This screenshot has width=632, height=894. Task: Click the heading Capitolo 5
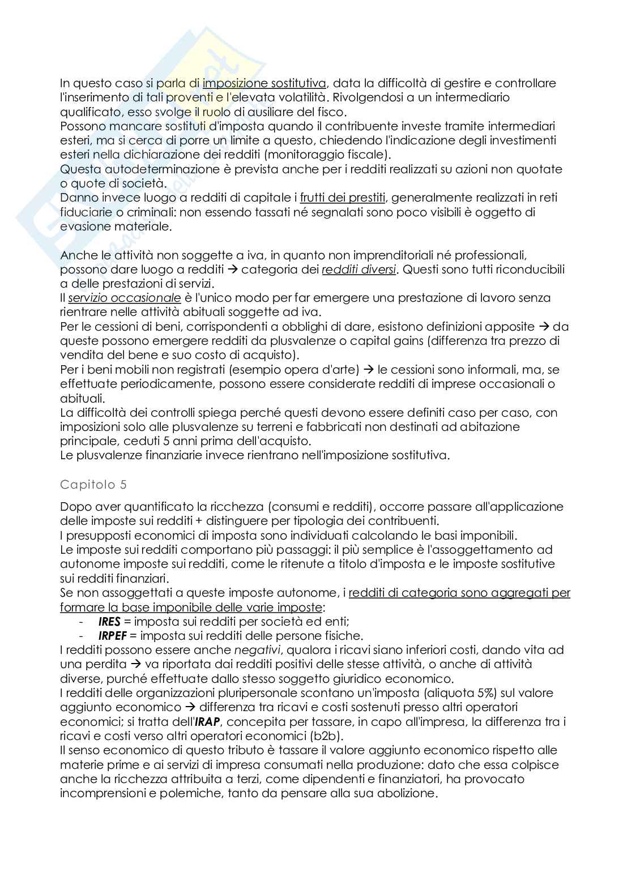(x=93, y=485)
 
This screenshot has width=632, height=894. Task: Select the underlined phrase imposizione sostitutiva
(x=264, y=83)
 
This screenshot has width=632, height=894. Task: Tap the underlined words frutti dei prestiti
(x=343, y=198)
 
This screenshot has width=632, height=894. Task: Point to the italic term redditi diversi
(x=358, y=270)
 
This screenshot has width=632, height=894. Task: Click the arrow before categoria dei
(x=233, y=270)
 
